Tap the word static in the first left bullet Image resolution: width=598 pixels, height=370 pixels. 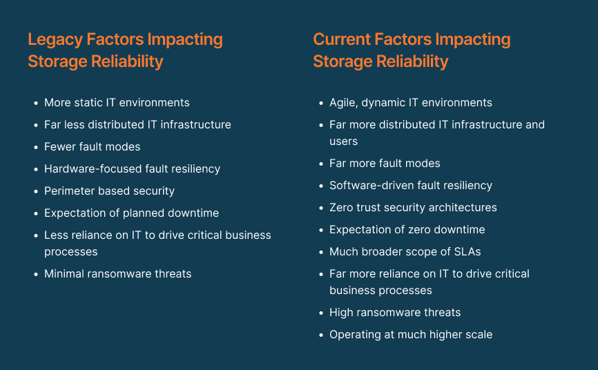(88, 102)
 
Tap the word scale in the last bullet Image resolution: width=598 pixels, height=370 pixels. (478, 334)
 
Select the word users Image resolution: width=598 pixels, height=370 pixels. (343, 141)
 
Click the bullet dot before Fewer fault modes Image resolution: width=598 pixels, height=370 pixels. (35, 147)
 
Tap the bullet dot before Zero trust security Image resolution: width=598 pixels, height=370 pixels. (320, 208)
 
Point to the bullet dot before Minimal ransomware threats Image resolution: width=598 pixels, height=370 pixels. (35, 274)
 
